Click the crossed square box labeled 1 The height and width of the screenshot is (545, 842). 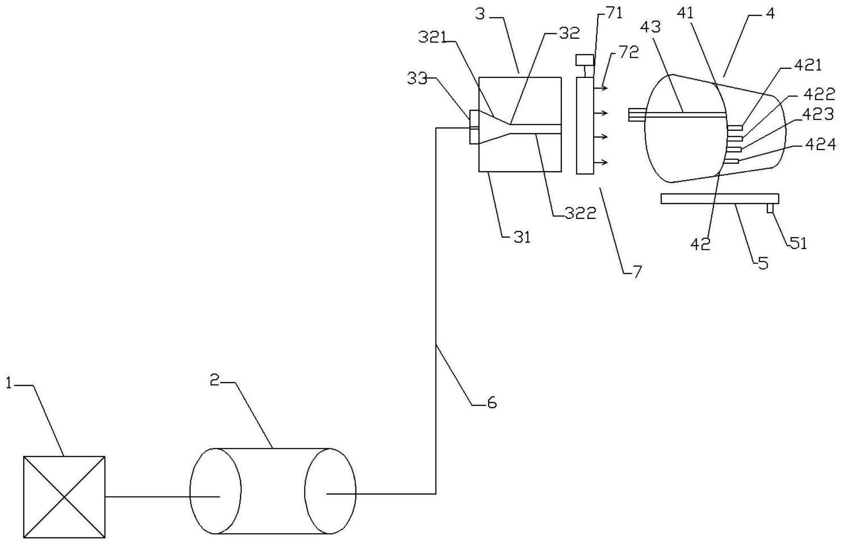64,497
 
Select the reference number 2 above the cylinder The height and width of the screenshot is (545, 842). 215,380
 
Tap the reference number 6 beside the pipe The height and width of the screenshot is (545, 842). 492,403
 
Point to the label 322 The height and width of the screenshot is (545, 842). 581,213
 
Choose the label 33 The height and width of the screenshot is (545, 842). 417,78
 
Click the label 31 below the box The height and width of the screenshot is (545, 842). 522,238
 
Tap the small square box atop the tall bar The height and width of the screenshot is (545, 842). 585,60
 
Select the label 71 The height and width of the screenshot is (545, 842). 615,14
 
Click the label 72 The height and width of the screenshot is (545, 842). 629,53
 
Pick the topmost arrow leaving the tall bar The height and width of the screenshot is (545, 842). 601,88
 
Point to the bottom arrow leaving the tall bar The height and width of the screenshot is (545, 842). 601,162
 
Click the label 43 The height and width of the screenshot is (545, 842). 650,27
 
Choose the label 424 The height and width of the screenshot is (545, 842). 820,145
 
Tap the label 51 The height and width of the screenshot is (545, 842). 798,243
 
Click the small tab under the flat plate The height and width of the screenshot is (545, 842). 770,209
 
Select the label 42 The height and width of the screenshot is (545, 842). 700,244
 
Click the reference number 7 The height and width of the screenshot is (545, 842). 637,271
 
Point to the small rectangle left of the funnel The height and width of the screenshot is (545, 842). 474,127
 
